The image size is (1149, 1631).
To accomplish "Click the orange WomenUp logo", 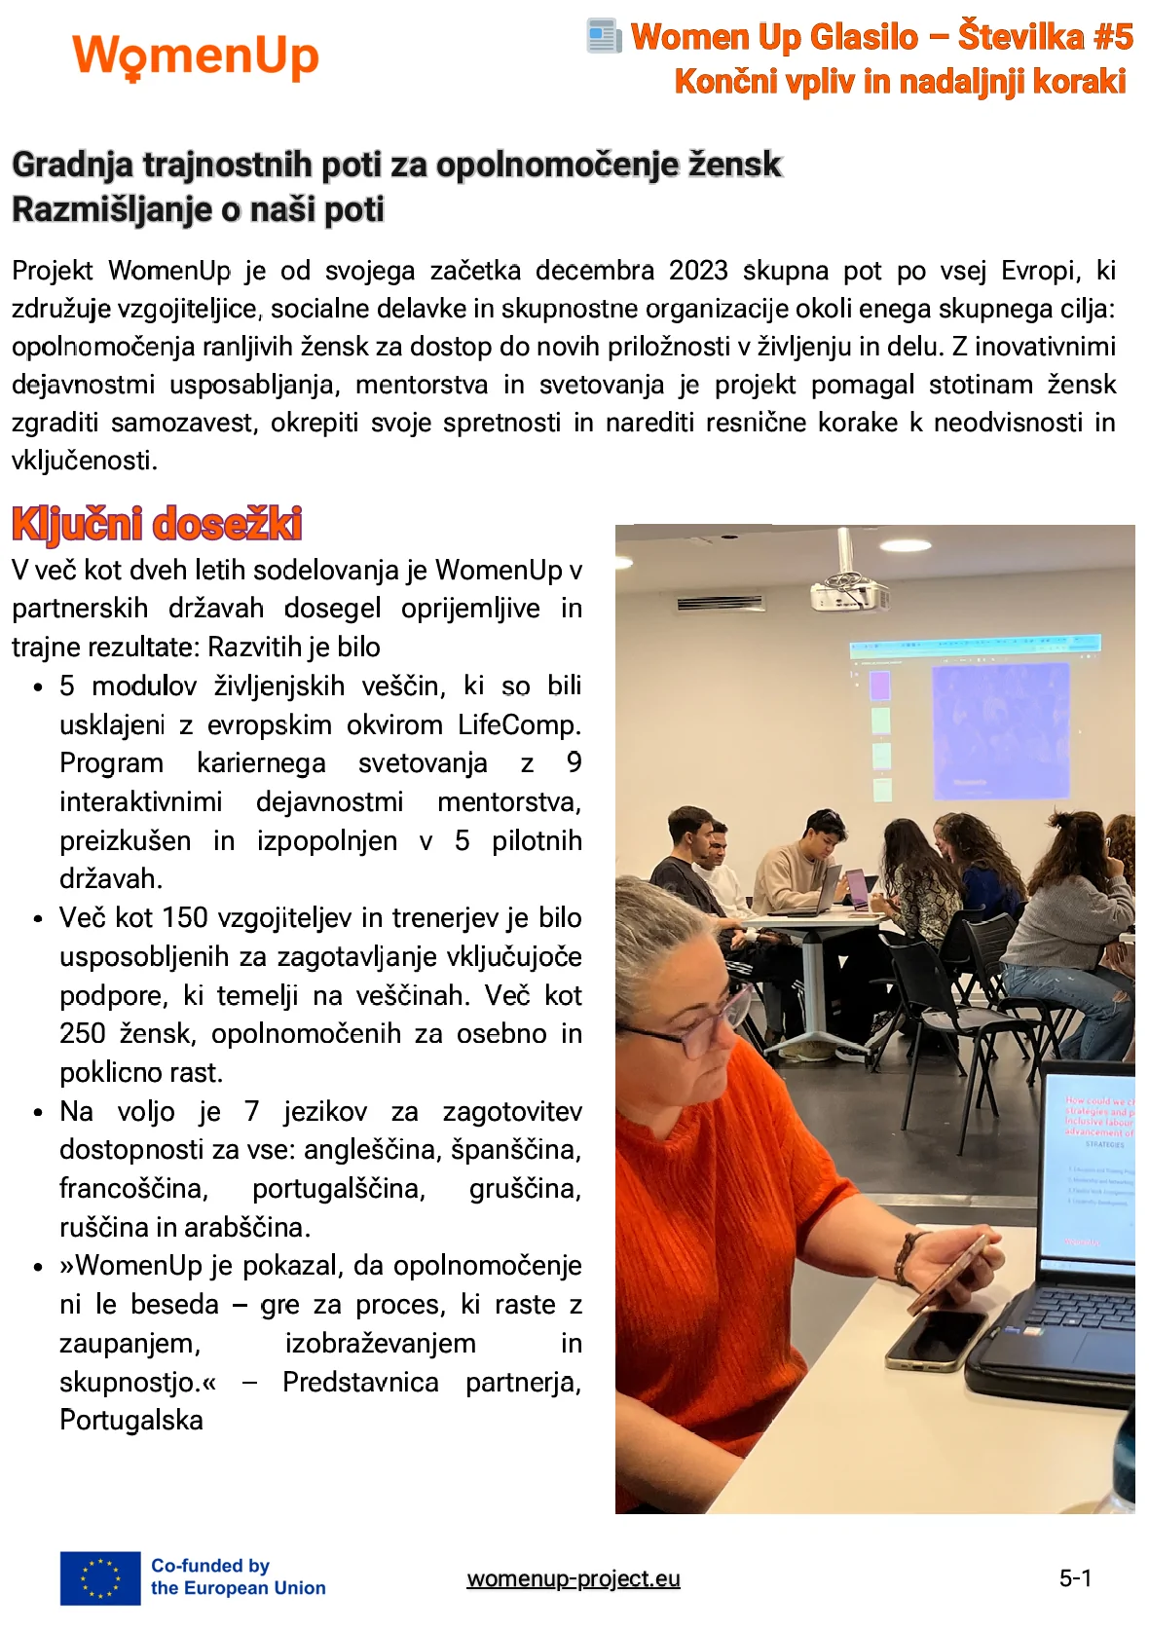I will click(x=196, y=57).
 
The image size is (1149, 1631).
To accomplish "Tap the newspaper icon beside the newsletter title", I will click(x=604, y=37).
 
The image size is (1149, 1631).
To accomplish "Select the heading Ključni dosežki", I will click(x=157, y=524).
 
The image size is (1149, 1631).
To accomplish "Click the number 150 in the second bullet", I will click(x=185, y=918).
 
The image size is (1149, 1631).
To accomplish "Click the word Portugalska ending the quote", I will click(x=131, y=1421).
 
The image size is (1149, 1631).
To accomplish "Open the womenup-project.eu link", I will click(x=574, y=1578).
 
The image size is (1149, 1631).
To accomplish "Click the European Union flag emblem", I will click(x=100, y=1577).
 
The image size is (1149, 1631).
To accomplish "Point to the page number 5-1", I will click(x=1076, y=1578).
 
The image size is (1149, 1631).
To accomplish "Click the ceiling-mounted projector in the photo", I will click(x=849, y=587).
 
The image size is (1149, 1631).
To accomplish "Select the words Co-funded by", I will click(x=209, y=1566).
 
